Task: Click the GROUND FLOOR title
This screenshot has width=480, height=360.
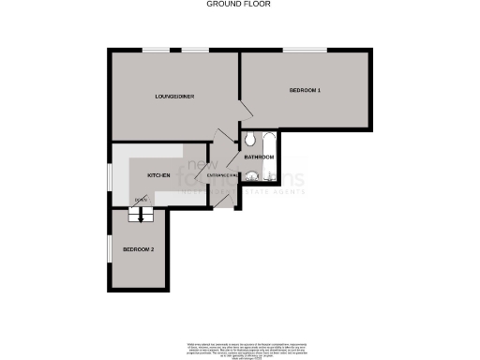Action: (240, 4)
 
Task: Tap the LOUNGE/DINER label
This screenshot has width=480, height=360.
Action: (174, 96)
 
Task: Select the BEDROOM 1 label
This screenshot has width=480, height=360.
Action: (306, 90)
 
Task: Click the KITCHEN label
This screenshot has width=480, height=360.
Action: (157, 175)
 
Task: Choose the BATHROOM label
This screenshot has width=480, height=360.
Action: (259, 157)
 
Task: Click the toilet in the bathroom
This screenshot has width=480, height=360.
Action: (250, 141)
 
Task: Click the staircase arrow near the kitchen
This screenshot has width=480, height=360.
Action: (142, 215)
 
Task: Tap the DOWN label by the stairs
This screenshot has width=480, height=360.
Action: (140, 201)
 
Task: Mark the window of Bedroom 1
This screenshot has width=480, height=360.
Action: (305, 48)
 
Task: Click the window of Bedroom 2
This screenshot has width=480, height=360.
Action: (109, 251)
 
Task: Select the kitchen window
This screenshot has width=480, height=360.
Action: (110, 175)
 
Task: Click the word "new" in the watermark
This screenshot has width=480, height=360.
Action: (199, 166)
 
